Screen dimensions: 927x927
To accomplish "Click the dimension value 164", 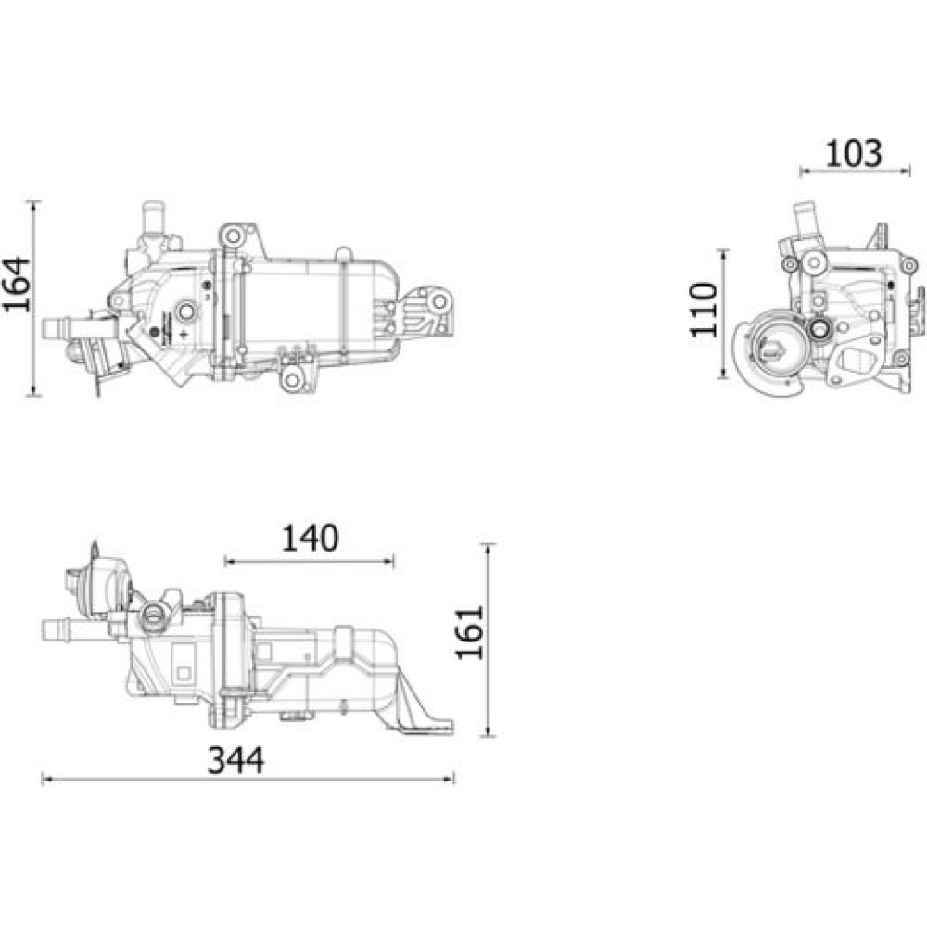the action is tap(16, 284).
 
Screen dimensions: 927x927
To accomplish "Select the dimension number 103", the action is tap(853, 153).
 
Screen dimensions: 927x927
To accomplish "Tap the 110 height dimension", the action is tap(704, 310).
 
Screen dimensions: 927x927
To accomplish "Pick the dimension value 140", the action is tap(310, 538).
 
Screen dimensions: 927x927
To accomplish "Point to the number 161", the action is tap(470, 632).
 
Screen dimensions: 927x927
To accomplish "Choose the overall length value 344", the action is tap(235, 760).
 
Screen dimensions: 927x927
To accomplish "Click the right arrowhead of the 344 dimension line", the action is tap(450, 780).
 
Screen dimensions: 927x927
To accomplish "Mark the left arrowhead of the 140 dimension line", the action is tap(230, 561).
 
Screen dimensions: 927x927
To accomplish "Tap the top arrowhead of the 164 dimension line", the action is tap(34, 207).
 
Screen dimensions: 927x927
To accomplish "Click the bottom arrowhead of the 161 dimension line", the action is tap(489, 731).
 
